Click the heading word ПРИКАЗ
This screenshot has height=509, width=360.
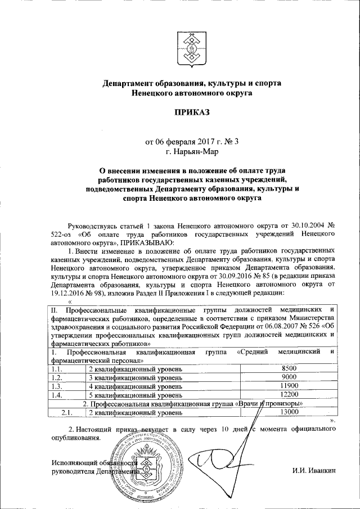click(191, 112)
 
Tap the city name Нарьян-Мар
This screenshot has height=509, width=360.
click(191, 151)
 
